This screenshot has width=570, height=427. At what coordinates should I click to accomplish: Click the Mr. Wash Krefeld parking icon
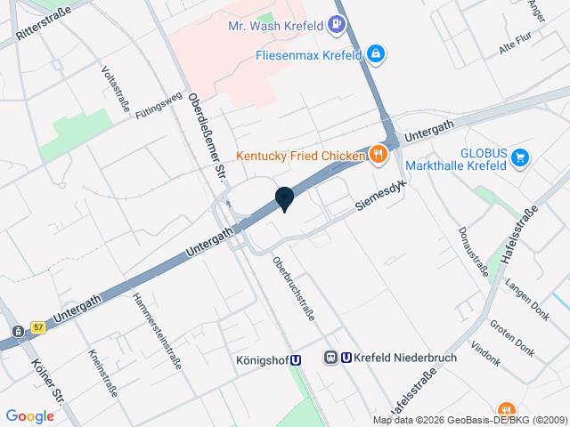pos(337,25)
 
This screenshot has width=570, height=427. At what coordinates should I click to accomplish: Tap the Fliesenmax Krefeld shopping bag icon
pos(377,55)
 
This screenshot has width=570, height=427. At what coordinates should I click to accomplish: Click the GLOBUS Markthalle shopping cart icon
pos(521,159)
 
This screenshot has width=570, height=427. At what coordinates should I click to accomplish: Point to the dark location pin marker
pos(284,199)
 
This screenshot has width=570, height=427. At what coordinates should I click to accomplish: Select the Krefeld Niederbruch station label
pos(393,358)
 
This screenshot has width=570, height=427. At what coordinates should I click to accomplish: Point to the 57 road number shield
pos(37,327)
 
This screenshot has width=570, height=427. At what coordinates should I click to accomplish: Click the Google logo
pos(29,415)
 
